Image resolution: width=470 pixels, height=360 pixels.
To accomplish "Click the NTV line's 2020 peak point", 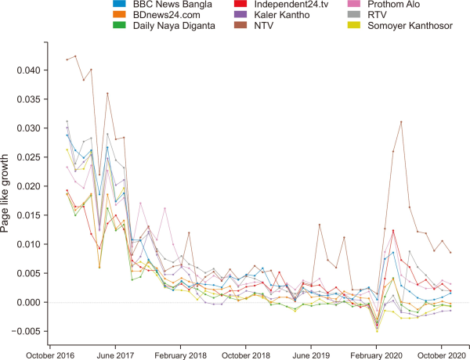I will (x=401, y=122).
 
